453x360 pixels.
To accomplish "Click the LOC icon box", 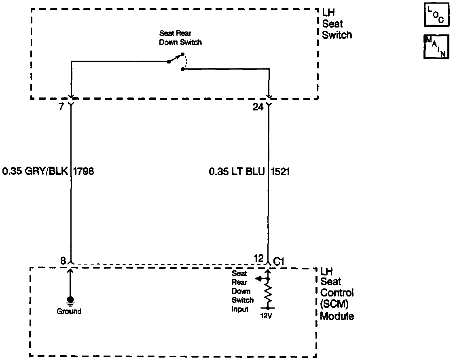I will (436, 15).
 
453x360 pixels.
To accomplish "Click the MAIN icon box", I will (436, 47).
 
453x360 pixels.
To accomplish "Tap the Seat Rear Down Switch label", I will (180, 38).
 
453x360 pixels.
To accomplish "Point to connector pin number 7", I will (61, 107).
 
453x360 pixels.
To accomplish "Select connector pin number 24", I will (258, 107).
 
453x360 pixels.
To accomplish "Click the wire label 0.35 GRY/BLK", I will (36, 172).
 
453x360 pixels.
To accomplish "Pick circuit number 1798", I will (83, 172).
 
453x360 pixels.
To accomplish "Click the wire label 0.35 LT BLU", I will (237, 172).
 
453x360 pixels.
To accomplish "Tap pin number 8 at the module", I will (63, 261).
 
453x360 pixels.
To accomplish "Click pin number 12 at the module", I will (259, 258).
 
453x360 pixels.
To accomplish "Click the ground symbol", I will (70, 300).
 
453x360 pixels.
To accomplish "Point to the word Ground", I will (69, 311).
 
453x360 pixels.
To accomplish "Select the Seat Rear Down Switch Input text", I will (242, 291).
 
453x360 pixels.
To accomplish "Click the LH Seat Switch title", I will (337, 24).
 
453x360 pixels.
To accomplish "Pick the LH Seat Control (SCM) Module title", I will (337, 293).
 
